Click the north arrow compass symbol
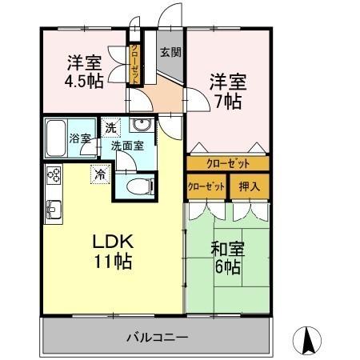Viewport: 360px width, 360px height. (307, 341)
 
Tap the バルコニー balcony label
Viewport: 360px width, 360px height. (157, 338)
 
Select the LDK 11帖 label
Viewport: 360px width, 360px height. (113, 251)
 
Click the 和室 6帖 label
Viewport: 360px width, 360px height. (228, 258)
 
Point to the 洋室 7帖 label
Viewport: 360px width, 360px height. (228, 91)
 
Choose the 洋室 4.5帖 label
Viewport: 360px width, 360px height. (84, 71)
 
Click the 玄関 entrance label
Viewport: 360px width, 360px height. (170, 52)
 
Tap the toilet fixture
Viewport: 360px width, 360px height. (141, 186)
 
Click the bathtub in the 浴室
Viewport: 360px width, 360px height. (56, 138)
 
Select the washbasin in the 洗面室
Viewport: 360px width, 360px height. (142, 125)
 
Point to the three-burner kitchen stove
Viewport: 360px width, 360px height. (54, 174)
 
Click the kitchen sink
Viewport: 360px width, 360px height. (54, 209)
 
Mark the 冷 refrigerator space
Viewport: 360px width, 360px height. (100, 174)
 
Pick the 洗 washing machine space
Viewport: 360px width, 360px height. (110, 127)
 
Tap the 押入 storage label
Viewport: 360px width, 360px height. (250, 186)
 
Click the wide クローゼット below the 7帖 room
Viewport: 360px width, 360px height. (228, 163)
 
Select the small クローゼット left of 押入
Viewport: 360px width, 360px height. (206, 186)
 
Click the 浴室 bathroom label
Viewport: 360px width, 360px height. (80, 138)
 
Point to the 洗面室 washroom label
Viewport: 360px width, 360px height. (127, 146)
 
